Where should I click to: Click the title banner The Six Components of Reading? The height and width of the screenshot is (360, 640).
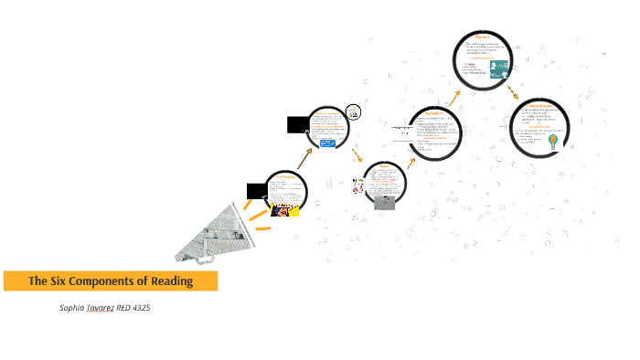[110, 281]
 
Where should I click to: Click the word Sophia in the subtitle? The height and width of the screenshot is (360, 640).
[71, 308]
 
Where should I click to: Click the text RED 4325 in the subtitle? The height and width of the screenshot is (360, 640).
[133, 308]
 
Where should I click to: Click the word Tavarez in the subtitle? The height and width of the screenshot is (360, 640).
[101, 308]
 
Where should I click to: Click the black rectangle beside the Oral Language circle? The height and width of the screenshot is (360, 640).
[256, 191]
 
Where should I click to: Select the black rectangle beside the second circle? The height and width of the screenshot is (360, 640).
[298, 124]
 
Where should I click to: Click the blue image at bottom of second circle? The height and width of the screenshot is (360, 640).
[327, 143]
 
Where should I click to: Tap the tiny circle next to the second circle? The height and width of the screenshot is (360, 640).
[354, 112]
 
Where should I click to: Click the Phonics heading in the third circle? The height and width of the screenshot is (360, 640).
[384, 166]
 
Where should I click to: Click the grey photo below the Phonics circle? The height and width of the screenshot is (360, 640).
[384, 203]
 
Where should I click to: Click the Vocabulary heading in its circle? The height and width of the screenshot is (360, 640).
[433, 112]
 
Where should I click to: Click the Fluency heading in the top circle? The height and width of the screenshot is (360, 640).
[482, 37]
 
